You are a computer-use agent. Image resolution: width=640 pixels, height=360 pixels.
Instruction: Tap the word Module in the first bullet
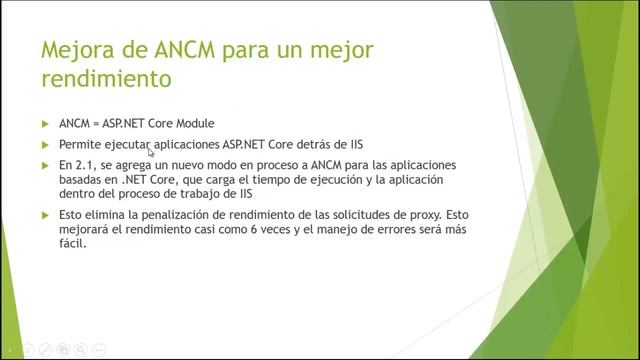pyautogui.click(x=192, y=124)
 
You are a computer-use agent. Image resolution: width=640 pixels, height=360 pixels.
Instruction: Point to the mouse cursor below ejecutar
pyautogui.click(x=151, y=153)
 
